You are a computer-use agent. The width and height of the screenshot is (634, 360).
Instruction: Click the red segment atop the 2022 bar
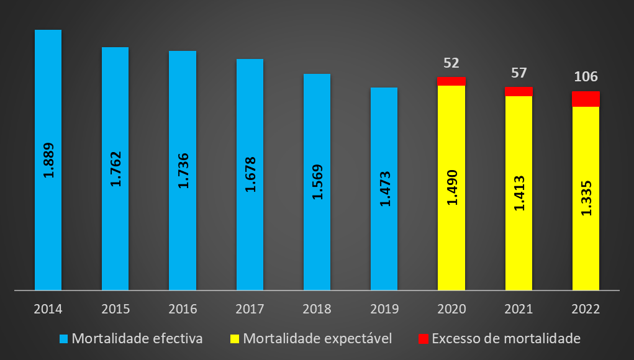click(586, 99)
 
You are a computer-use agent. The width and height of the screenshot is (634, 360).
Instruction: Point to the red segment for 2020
click(451, 81)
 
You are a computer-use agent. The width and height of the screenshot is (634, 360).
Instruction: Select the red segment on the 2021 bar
click(519, 91)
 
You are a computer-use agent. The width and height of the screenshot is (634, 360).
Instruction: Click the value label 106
click(586, 77)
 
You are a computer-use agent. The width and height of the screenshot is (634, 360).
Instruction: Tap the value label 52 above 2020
click(451, 63)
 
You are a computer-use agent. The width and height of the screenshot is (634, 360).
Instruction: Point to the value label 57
click(519, 73)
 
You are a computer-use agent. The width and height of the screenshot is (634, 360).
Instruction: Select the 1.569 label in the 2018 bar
click(317, 181)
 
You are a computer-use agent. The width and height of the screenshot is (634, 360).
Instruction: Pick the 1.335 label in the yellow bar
click(586, 197)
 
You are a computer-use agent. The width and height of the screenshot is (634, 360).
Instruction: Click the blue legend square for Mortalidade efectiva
click(63, 339)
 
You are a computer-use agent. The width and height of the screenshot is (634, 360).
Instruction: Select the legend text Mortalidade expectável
click(317, 339)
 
